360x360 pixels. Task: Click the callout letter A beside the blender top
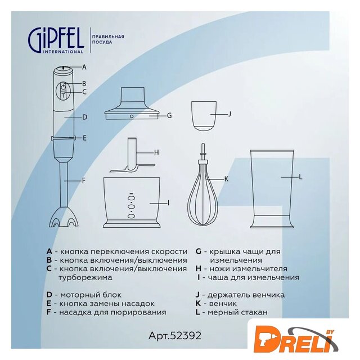[x=84, y=67]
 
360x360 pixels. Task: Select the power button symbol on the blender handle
[x=64, y=87]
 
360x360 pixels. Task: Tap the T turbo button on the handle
[x=64, y=95]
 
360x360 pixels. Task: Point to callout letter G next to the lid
[x=169, y=115]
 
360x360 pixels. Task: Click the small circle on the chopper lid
[x=132, y=116]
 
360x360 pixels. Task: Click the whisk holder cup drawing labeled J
[x=204, y=116]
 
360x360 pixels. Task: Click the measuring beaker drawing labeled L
[x=272, y=189]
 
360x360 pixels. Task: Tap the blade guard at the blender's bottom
[x=64, y=217]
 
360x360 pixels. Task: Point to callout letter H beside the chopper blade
[x=156, y=152]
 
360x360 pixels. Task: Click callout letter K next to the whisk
[x=226, y=179]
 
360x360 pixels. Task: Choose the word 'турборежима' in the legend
[x=85, y=277]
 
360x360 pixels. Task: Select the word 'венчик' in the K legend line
[x=223, y=304]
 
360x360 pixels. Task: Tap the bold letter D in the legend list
[x=49, y=295]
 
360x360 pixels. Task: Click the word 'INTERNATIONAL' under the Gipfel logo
[x=63, y=52]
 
